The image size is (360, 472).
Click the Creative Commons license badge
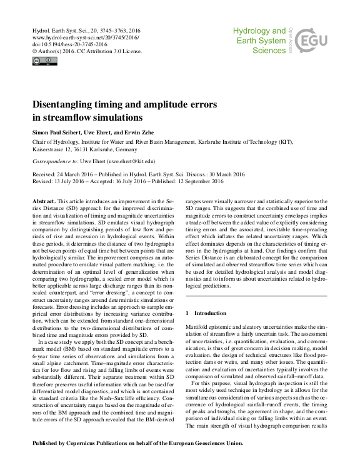pyautogui.click(x=44, y=61)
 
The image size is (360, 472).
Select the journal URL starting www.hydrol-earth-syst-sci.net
pyautogui.click(x=77, y=38)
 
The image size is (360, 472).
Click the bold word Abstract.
pyautogui.click(x=47, y=200)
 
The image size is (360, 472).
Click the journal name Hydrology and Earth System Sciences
pyautogui.click(x=259, y=41)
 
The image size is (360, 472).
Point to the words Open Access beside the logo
pyautogui.click(x=291, y=38)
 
